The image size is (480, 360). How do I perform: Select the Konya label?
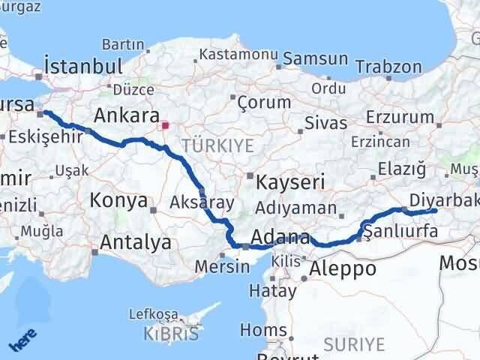(x=118, y=200)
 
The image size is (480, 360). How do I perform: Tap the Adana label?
(x=280, y=238)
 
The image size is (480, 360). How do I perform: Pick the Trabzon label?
(x=389, y=67)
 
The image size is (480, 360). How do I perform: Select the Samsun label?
(x=316, y=58)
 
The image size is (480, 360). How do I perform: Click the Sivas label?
(x=327, y=123)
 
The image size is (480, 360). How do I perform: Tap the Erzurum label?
(x=401, y=117)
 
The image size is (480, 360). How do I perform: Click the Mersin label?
(x=222, y=266)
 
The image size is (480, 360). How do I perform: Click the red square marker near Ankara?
(x=165, y=126)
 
